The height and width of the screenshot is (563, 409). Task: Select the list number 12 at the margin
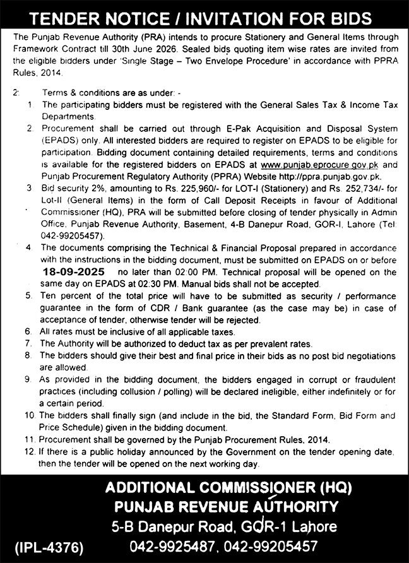point(29,453)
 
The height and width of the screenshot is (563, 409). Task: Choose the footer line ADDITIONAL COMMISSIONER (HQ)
point(228,488)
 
